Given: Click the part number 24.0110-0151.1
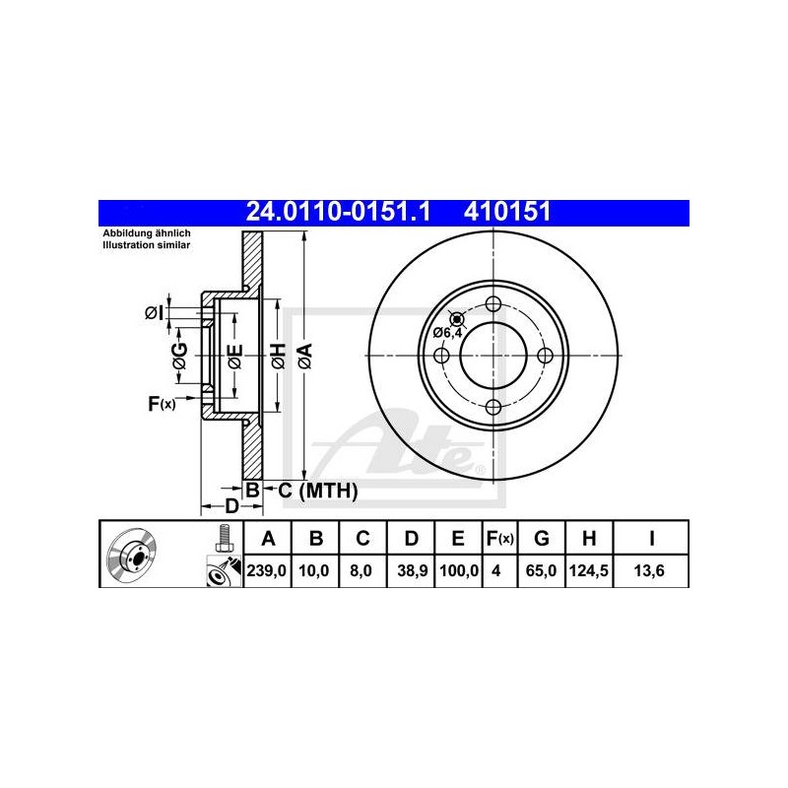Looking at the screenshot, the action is (x=338, y=212).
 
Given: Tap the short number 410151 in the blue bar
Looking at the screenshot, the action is (x=507, y=212).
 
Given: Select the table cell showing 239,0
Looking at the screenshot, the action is (x=266, y=570).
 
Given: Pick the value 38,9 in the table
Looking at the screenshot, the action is (x=412, y=570).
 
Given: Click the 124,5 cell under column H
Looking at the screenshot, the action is (x=588, y=570).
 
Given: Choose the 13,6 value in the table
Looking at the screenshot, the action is (x=649, y=570).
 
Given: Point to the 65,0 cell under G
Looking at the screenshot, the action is (x=541, y=570).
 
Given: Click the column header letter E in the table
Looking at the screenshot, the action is (x=458, y=538).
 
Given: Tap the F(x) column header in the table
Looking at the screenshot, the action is (x=499, y=538).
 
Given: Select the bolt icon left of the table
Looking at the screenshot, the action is (x=223, y=538).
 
